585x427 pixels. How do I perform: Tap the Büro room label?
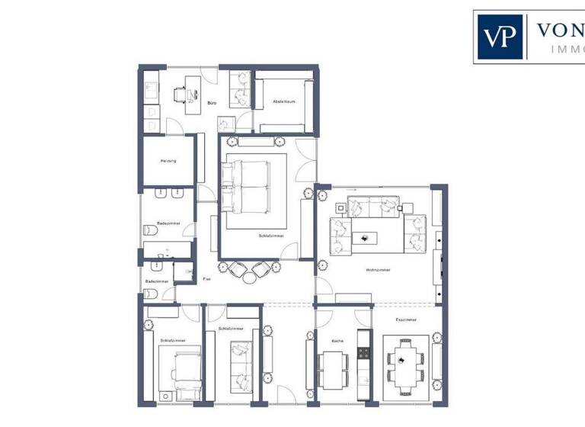pos(212,101)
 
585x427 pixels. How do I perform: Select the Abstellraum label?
pos(283,101)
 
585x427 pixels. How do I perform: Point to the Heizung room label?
pos(168,161)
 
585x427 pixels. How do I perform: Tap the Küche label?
pos(339,341)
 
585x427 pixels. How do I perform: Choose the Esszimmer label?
pos(406,319)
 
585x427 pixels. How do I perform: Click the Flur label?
pos(206,279)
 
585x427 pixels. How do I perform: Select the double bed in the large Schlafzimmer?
pos(245,185)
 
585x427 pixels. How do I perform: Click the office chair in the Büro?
pos(180,94)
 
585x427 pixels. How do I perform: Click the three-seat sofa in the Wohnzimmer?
pos(368,206)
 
